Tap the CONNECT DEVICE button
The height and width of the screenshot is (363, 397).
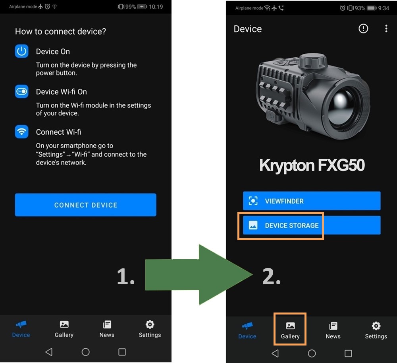[86, 205]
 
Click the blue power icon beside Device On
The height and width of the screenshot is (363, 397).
[21, 51]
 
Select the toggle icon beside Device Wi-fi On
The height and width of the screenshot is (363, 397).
[21, 91]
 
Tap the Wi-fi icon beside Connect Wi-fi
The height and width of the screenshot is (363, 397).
[21, 132]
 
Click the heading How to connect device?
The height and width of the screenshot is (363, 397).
[60, 31]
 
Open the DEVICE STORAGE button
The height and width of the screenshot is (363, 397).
[312, 225]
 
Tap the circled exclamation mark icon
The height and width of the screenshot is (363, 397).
[363, 28]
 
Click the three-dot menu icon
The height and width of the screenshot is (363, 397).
[386, 28]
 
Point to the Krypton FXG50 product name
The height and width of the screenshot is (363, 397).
[312, 165]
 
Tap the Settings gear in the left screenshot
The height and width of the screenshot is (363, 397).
[150, 324]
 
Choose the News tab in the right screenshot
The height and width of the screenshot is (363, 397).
[333, 330]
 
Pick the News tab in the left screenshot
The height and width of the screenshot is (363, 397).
[107, 329]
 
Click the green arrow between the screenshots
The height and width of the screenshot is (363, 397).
[199, 274]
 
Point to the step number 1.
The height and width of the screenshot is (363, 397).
[125, 276]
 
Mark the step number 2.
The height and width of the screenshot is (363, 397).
[272, 276]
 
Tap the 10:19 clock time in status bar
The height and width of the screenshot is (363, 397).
[156, 7]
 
